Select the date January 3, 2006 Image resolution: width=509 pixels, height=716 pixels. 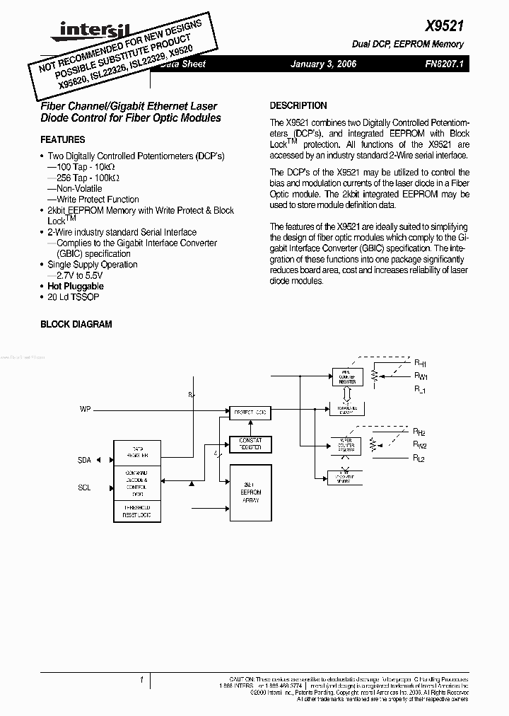(x=323, y=64)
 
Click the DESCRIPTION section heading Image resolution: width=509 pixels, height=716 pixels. (x=298, y=105)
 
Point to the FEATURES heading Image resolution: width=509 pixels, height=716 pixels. (x=62, y=140)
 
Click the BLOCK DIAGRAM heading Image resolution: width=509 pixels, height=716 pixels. (x=76, y=324)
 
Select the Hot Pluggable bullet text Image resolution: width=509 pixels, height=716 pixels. (x=76, y=286)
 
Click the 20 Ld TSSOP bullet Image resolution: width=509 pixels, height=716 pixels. (x=74, y=297)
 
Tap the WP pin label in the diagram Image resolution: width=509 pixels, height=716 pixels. (x=86, y=410)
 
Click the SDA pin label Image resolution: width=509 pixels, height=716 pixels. (x=84, y=460)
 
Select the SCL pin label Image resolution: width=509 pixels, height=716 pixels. (x=84, y=487)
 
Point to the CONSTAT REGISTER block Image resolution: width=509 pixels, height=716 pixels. (x=250, y=444)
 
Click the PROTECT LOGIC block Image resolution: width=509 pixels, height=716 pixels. (x=250, y=412)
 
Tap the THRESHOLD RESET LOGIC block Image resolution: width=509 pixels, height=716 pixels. (x=137, y=512)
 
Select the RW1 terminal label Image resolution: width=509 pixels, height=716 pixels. (x=421, y=376)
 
